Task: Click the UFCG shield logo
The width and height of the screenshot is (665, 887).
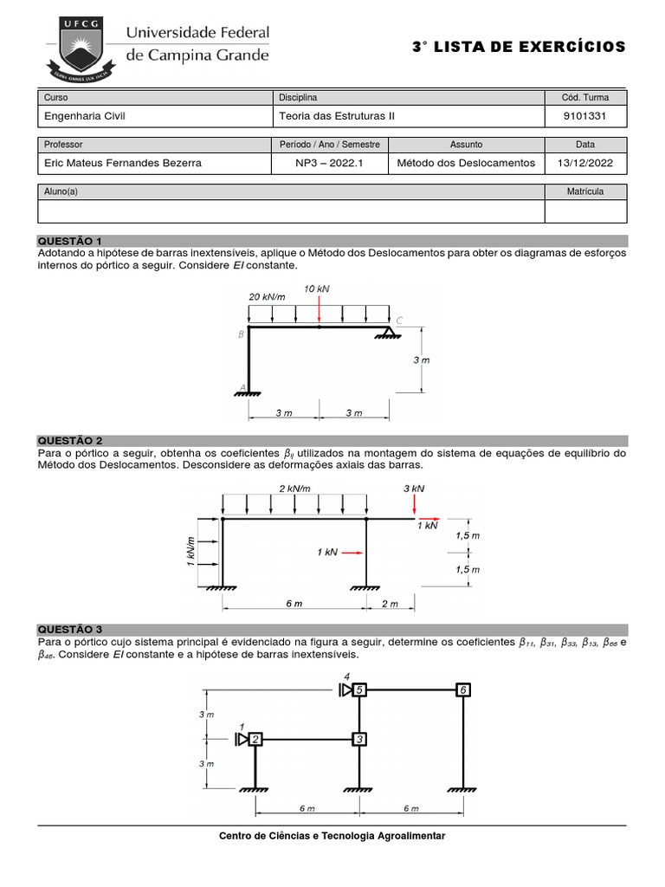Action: [x=81, y=44]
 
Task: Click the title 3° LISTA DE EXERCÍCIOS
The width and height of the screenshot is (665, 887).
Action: [x=519, y=47]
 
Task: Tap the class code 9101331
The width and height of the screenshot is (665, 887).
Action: [x=585, y=115]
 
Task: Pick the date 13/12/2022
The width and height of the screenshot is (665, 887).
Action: [x=585, y=163]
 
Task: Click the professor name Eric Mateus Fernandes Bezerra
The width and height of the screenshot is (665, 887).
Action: [x=126, y=163]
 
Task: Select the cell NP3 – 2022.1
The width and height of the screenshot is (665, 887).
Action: [x=330, y=163]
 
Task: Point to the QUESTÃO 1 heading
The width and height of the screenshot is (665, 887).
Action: [x=69, y=240]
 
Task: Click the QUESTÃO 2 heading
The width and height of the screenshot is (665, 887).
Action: [x=69, y=441]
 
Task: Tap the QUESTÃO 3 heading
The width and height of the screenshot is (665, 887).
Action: [x=69, y=629]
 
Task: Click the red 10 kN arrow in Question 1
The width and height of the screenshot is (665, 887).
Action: [x=320, y=310]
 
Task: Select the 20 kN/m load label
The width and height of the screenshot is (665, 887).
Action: [x=268, y=296]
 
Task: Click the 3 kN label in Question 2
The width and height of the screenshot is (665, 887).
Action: [x=414, y=489]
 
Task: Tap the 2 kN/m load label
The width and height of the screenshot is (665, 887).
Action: [x=294, y=489]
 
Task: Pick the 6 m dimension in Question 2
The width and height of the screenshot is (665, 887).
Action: [x=294, y=604]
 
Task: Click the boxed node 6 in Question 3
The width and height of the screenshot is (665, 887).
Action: [x=464, y=690]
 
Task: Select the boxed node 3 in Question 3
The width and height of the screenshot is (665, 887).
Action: [x=360, y=739]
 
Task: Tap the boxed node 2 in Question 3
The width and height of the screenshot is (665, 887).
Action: [x=255, y=739]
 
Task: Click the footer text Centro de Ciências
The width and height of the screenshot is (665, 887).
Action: [x=332, y=836]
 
